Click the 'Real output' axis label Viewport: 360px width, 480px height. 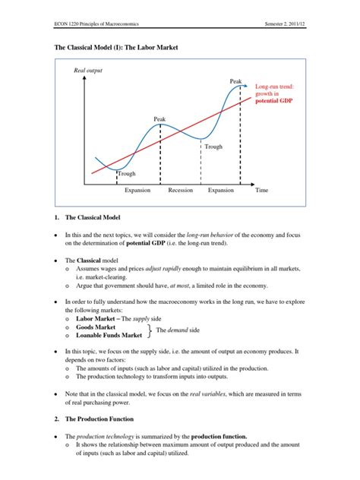[x=87, y=71]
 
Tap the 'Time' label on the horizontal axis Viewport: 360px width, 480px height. [x=262, y=190]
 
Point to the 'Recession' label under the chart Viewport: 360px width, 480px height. [x=181, y=190]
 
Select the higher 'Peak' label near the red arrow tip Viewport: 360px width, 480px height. [x=236, y=81]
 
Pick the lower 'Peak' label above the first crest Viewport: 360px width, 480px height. [x=159, y=119]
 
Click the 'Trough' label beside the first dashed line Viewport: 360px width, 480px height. [x=127, y=174]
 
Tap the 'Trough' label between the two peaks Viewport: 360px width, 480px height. [x=213, y=147]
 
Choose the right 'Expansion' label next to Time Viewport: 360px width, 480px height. [x=221, y=190]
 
